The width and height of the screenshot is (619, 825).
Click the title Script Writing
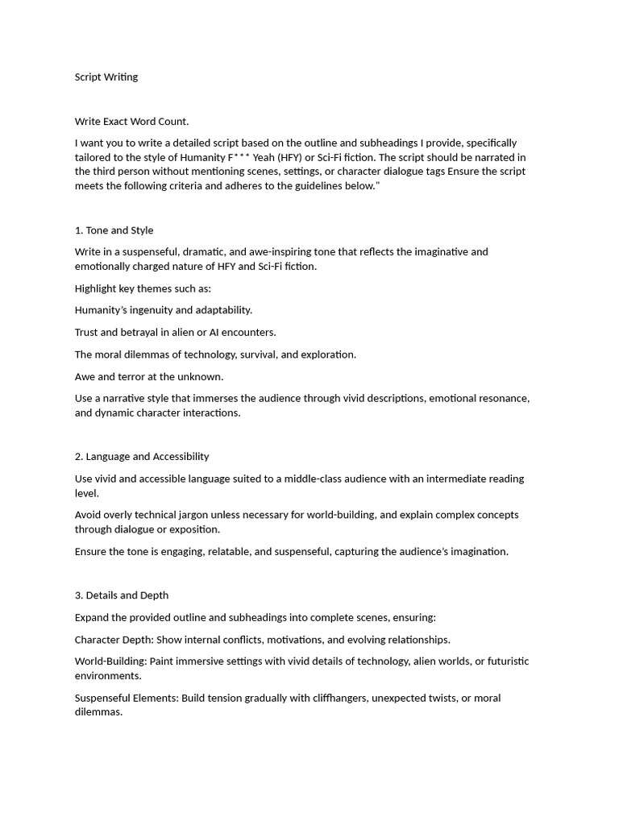tap(106, 77)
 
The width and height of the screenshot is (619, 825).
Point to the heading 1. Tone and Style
tap(114, 230)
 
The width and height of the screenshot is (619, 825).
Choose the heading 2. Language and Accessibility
tap(142, 456)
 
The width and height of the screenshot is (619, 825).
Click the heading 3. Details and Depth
tap(122, 595)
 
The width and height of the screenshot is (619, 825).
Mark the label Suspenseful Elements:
tap(127, 698)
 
